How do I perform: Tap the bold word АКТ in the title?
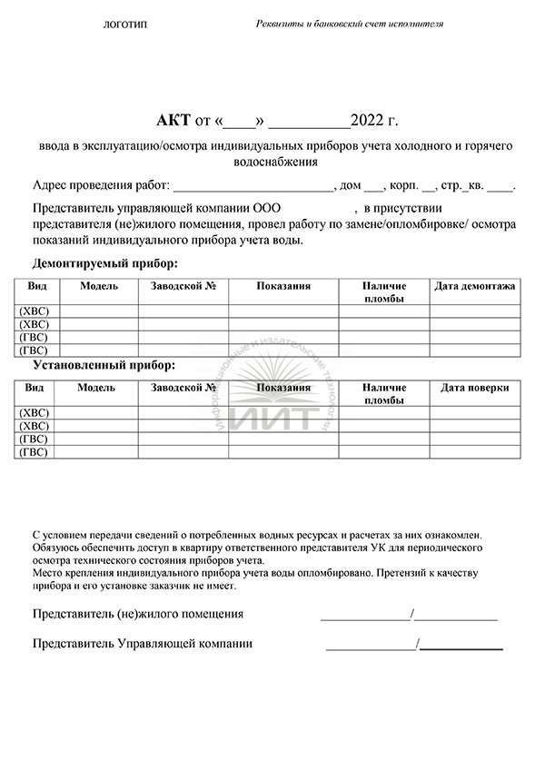[173, 120]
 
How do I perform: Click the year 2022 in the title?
[371, 120]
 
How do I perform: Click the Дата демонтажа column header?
[475, 286]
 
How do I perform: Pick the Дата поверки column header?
[475, 388]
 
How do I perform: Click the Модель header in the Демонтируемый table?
[99, 286]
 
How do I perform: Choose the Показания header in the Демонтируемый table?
[283, 286]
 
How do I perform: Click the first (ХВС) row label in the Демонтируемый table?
[35, 311]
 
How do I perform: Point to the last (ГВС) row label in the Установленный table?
[35, 451]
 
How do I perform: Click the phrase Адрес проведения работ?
[101, 186]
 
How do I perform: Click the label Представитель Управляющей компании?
[143, 644]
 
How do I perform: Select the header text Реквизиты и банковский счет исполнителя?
[350, 25]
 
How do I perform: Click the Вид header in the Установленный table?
[35, 388]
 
